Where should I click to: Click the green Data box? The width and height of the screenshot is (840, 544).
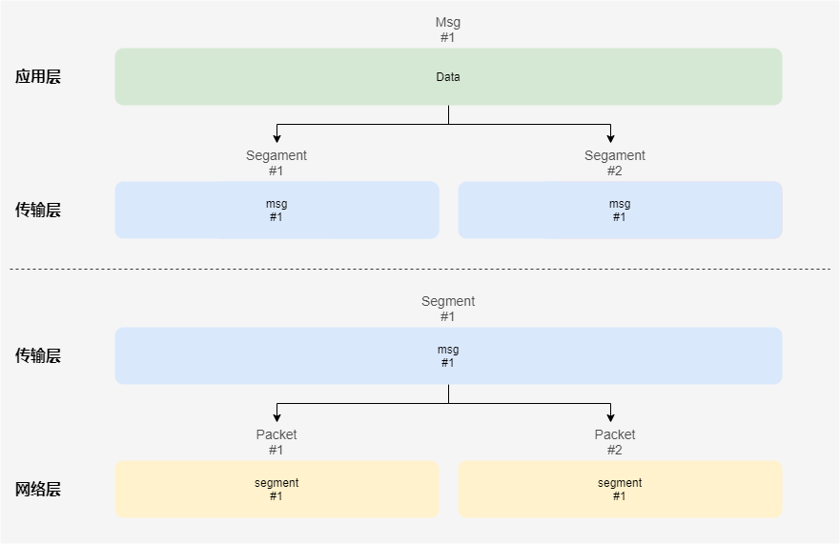pyautogui.click(x=448, y=76)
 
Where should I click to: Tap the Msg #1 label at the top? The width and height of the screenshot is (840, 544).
pyautogui.click(x=448, y=30)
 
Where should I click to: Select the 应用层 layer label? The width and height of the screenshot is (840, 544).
pyautogui.click(x=38, y=77)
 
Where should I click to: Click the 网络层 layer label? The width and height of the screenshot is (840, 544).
pyautogui.click(x=38, y=490)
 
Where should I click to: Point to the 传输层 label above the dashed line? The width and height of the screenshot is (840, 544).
pyautogui.click(x=38, y=211)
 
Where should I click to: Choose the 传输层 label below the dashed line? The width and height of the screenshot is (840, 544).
pyautogui.click(x=38, y=355)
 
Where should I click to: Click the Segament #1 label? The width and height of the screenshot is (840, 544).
pyautogui.click(x=277, y=163)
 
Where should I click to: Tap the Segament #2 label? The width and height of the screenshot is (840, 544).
pyautogui.click(x=615, y=163)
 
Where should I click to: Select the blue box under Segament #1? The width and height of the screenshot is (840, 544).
pyautogui.click(x=277, y=210)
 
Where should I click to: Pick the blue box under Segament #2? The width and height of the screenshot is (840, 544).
pyautogui.click(x=620, y=210)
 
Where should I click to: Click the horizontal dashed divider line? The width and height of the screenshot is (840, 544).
pyautogui.click(x=420, y=269)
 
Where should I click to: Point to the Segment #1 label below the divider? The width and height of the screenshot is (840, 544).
pyautogui.click(x=448, y=309)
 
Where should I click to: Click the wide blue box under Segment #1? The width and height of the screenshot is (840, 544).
pyautogui.click(x=448, y=355)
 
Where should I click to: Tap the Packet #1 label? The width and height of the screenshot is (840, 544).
pyautogui.click(x=277, y=442)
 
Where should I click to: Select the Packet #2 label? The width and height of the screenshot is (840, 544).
pyautogui.click(x=615, y=442)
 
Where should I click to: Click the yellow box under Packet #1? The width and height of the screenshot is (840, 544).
pyautogui.click(x=277, y=490)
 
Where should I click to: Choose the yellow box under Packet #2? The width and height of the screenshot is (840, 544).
pyautogui.click(x=620, y=490)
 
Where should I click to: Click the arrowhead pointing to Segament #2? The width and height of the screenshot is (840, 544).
pyautogui.click(x=610, y=138)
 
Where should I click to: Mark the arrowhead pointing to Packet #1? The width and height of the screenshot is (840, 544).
pyautogui.click(x=277, y=417)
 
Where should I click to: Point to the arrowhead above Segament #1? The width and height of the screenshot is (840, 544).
pyautogui.click(x=277, y=138)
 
